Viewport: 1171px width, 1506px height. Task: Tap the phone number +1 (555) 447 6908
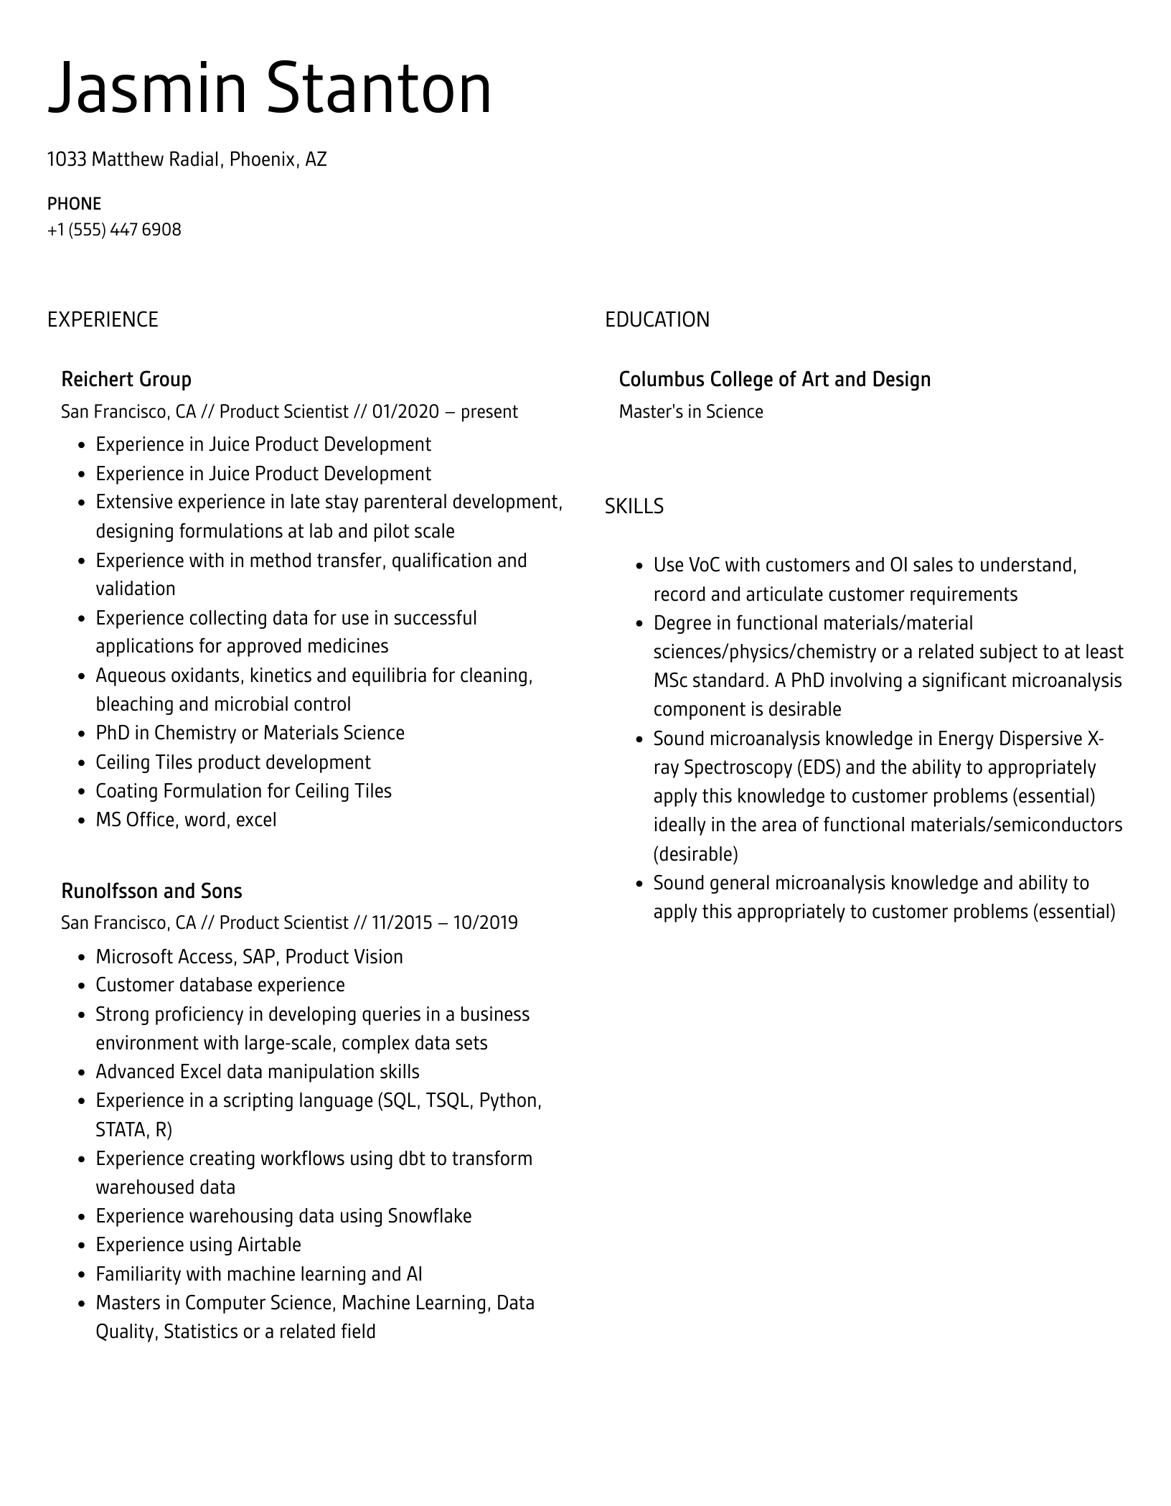click(x=114, y=230)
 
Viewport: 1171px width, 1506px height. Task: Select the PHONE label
click(x=74, y=204)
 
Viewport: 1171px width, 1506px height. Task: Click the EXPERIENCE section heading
click(x=103, y=319)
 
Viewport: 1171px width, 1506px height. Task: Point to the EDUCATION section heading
click(x=657, y=319)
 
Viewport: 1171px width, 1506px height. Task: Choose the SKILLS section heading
click(x=634, y=507)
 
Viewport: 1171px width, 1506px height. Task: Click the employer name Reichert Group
click(x=126, y=379)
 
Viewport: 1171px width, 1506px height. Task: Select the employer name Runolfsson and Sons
click(x=151, y=891)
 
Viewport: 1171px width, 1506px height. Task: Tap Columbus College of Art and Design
click(x=774, y=379)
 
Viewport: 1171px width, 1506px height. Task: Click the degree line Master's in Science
click(x=691, y=411)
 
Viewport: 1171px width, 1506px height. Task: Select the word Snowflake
click(x=429, y=1216)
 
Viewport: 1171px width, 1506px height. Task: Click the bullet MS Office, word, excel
click(x=186, y=820)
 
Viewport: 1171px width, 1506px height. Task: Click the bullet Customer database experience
click(x=220, y=985)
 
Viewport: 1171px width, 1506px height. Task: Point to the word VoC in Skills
click(x=704, y=565)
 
